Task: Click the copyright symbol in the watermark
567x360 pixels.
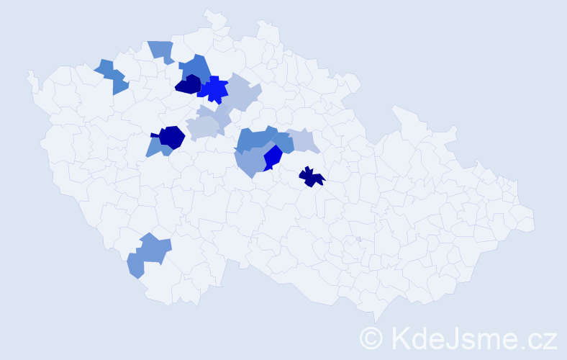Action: pyautogui.click(x=371, y=338)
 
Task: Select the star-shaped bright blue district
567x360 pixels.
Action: pyautogui.click(x=213, y=90)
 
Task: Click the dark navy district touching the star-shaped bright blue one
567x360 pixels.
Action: pyautogui.click(x=189, y=84)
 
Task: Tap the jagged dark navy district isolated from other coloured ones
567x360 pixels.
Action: pyautogui.click(x=311, y=177)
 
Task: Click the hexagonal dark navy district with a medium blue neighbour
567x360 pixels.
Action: pyautogui.click(x=172, y=137)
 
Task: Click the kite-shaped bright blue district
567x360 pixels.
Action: pyautogui.click(x=272, y=157)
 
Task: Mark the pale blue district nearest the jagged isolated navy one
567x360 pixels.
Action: pyautogui.click(x=303, y=140)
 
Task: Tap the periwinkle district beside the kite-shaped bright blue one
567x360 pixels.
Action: pyautogui.click(x=250, y=163)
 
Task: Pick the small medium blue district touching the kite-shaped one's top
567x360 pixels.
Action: pyautogui.click(x=283, y=143)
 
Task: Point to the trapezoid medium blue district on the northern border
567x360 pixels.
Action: pyautogui.click(x=162, y=51)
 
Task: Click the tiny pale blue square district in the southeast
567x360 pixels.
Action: pyautogui.click(x=358, y=240)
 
